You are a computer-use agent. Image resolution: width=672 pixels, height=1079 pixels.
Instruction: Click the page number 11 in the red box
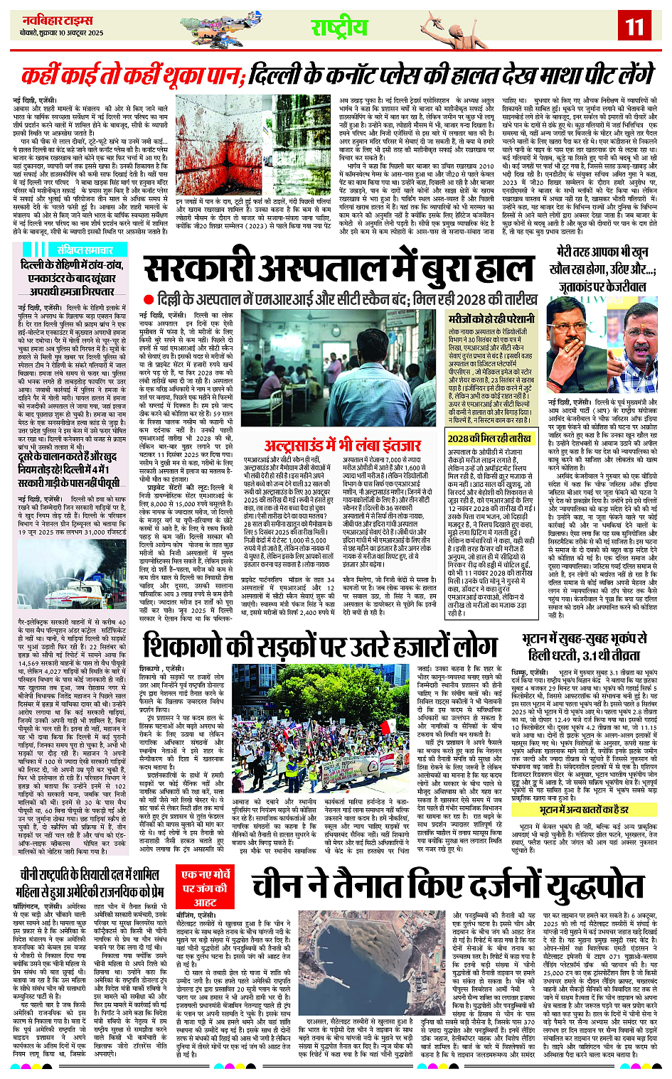click(x=634, y=27)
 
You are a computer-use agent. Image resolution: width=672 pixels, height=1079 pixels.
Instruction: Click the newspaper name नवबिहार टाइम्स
click(x=58, y=21)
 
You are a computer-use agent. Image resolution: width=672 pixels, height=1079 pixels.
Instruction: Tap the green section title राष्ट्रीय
click(x=339, y=28)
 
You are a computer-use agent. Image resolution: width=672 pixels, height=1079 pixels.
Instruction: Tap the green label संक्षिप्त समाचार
click(x=85, y=249)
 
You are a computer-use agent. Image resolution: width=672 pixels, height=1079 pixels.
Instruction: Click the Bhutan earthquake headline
click(x=587, y=646)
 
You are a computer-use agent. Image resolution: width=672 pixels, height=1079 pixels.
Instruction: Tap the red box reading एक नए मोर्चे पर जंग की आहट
click(x=206, y=888)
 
